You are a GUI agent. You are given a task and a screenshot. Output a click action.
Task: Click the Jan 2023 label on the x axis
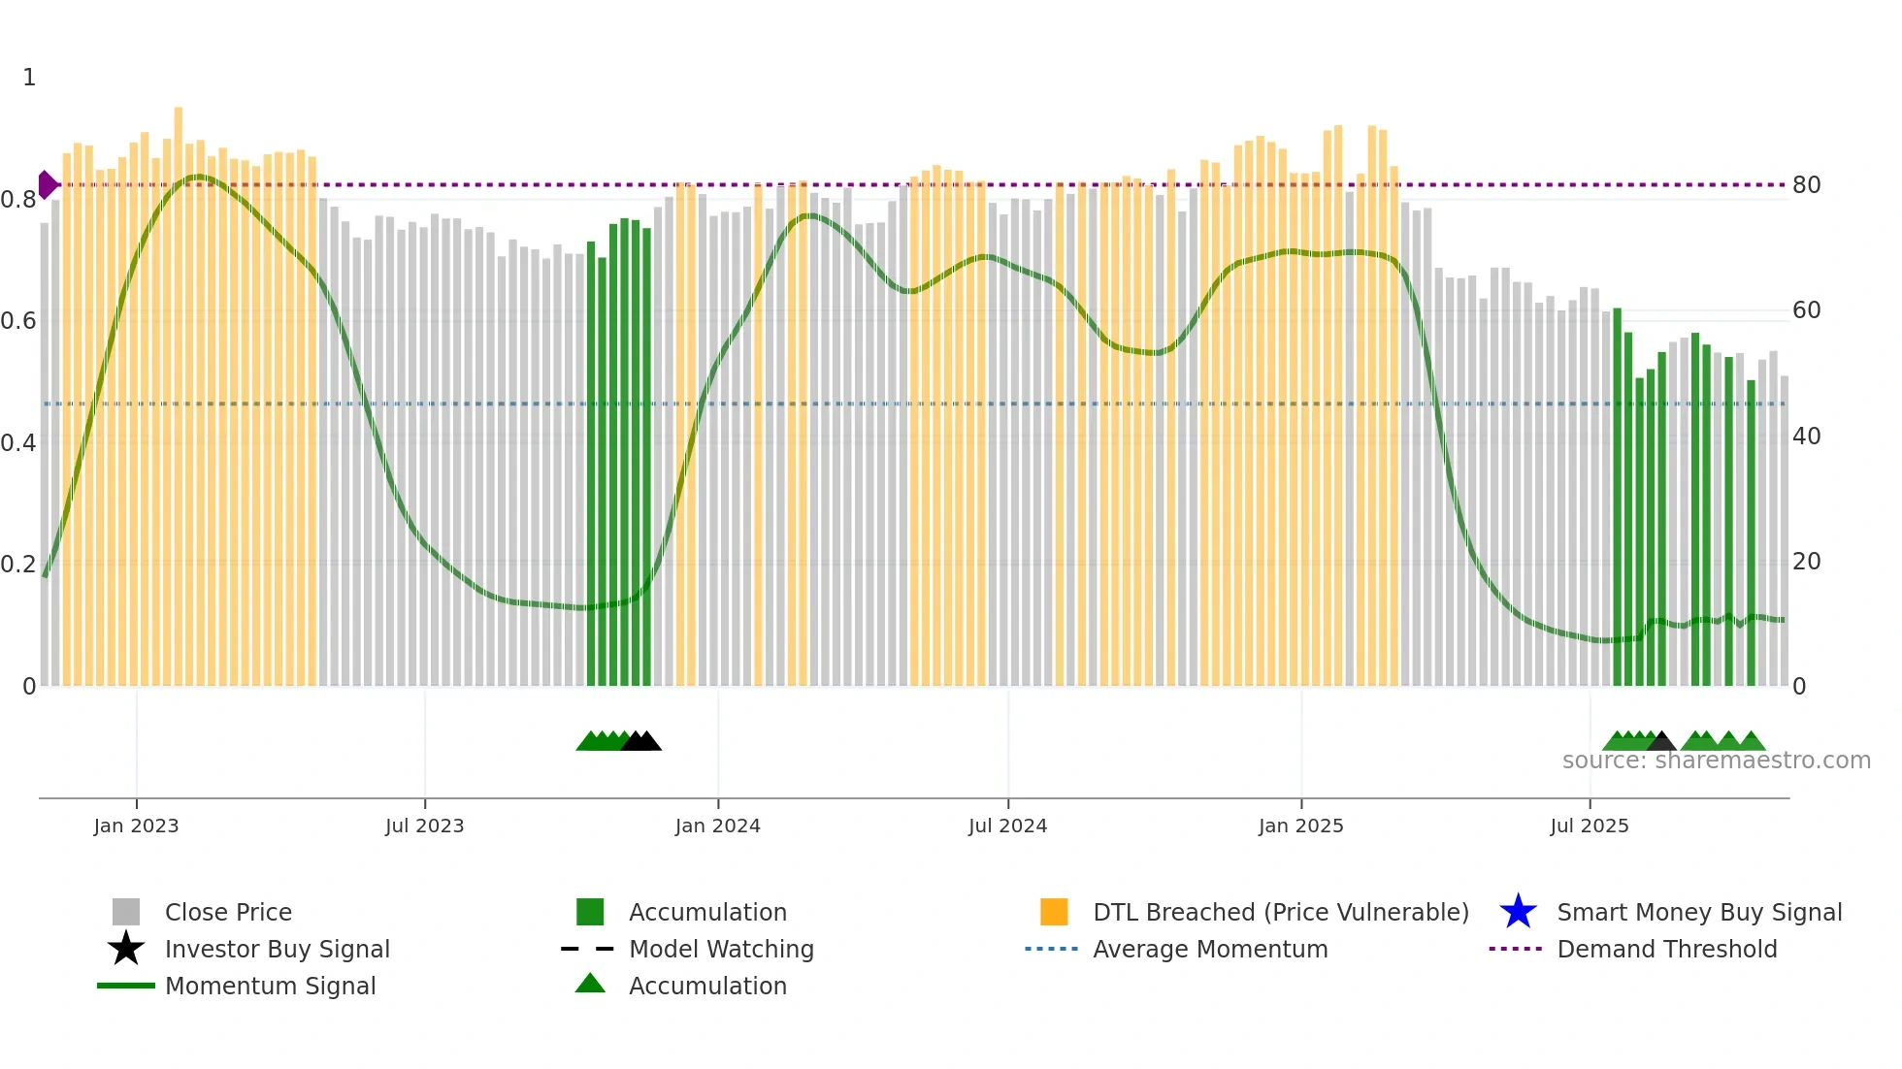[136, 826]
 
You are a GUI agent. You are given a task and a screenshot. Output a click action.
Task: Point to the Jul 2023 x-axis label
[424, 826]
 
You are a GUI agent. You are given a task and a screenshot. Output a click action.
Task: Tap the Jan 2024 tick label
[717, 826]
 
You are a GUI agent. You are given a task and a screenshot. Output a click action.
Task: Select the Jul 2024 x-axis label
[1007, 826]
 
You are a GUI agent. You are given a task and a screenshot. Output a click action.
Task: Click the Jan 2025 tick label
[1300, 826]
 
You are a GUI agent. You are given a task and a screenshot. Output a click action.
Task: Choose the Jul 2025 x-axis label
[1589, 826]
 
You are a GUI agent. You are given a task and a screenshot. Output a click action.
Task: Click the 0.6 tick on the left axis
[18, 321]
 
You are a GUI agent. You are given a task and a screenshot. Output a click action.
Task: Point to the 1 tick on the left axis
[29, 78]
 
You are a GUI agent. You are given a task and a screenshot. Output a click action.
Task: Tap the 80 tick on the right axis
[1806, 185]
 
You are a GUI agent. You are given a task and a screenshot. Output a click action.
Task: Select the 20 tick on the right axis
[1806, 562]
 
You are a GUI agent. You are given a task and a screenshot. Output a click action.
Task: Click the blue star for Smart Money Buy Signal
[1518, 912]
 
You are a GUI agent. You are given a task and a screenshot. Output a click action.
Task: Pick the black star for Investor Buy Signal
[126, 949]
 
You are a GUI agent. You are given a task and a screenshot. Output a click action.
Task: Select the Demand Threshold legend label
[1666, 949]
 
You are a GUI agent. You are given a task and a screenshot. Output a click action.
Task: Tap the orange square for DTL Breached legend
[1054, 912]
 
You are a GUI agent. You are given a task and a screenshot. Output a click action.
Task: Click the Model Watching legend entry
[721, 949]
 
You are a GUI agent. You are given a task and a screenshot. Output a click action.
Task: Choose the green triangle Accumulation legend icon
[590, 984]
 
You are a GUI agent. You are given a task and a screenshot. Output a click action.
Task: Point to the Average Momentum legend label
[1210, 949]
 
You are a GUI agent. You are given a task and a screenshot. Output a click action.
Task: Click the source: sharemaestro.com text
[1716, 761]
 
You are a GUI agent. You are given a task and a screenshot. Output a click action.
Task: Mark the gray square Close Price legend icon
[126, 912]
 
